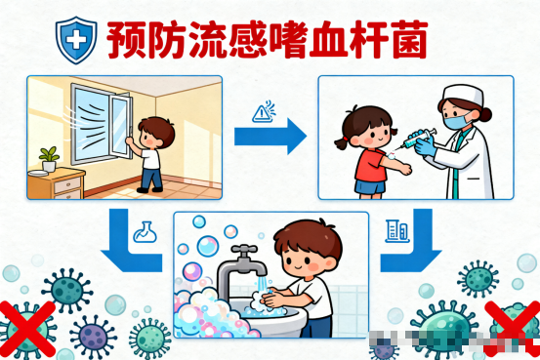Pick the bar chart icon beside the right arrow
[x=395, y=232]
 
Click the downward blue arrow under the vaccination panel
[x=411, y=252]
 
